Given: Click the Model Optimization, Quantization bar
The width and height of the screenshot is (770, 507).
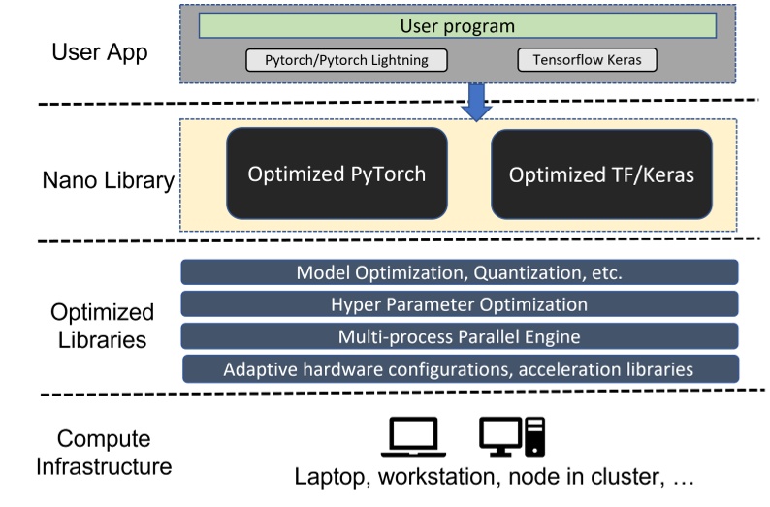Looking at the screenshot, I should (x=459, y=272).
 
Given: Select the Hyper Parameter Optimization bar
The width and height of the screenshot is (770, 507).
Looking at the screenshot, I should (x=459, y=304).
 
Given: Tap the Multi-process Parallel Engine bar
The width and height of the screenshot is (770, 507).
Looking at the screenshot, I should (x=459, y=336).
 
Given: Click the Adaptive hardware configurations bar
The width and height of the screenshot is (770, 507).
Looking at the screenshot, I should (x=459, y=368).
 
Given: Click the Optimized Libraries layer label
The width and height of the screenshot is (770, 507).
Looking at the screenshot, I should (x=103, y=328).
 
